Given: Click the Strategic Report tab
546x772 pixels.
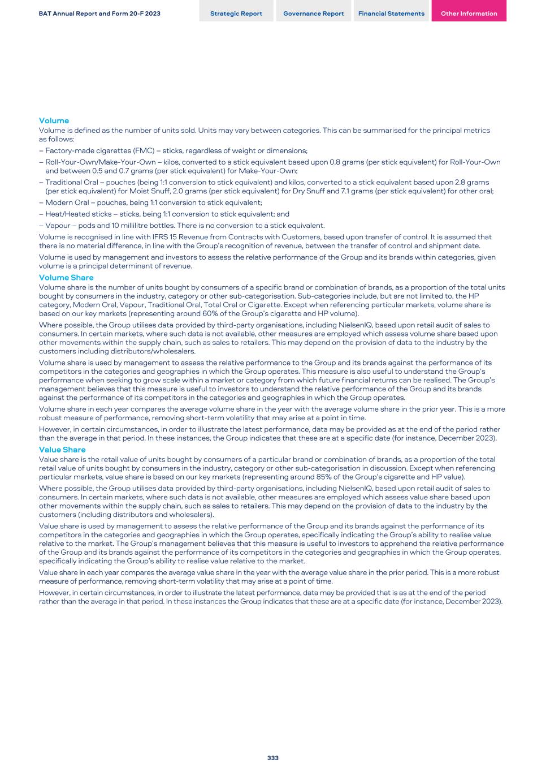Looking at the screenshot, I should pos(236,14).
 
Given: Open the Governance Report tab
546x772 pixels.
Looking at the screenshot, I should pos(313,14).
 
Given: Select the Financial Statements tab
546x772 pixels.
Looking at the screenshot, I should pos(391,14).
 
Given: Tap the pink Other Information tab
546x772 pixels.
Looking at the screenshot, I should pos(469,14).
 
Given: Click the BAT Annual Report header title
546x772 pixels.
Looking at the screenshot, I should pos(99,14).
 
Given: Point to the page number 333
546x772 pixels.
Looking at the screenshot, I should pos(273,758).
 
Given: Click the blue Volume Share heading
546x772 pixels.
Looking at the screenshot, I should pos(66,278).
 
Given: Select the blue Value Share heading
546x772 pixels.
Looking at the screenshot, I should pos(62,450).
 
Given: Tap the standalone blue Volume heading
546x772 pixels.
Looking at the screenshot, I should pos(54,120).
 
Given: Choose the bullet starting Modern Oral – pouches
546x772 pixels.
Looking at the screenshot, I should pos(153,202).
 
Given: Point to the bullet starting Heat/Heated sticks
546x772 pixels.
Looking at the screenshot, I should pos(167,214).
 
